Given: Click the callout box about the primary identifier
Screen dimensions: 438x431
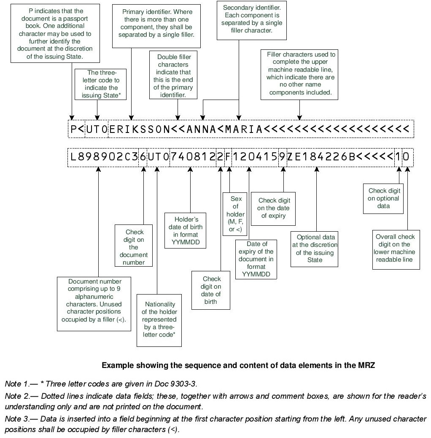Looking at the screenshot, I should coord(156,24).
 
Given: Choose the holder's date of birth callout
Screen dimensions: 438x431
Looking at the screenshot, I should coord(185,231).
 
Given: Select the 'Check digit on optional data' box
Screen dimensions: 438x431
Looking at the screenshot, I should coord(383,198).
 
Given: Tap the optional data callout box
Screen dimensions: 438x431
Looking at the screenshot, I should coord(315,249).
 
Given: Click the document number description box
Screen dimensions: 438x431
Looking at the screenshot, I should coord(94,300).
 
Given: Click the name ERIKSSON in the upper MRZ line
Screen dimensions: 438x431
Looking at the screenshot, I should coord(140,129).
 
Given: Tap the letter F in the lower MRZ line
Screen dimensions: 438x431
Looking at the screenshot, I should coord(228,157).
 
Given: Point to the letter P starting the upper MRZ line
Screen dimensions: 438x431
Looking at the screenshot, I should coord(74,129).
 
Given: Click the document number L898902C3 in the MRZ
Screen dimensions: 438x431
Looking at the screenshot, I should coord(104,157).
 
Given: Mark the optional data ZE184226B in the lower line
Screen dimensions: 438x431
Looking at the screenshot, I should coord(321,157).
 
